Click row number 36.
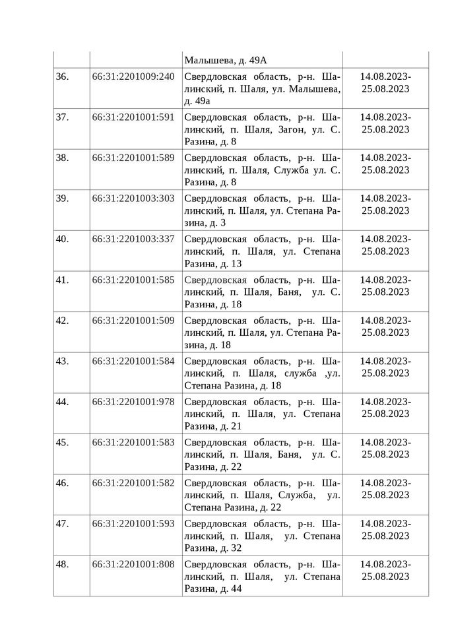63,77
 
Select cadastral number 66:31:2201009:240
133,77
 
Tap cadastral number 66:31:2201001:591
133,117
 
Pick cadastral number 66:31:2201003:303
133,199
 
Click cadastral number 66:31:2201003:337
133,239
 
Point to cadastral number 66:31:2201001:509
133,321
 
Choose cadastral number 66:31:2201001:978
133,402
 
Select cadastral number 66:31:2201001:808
133,565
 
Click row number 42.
63,321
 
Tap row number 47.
63,524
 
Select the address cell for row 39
262,210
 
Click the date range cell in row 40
385,245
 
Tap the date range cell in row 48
385,571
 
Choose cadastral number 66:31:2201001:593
133,524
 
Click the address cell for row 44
262,414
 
